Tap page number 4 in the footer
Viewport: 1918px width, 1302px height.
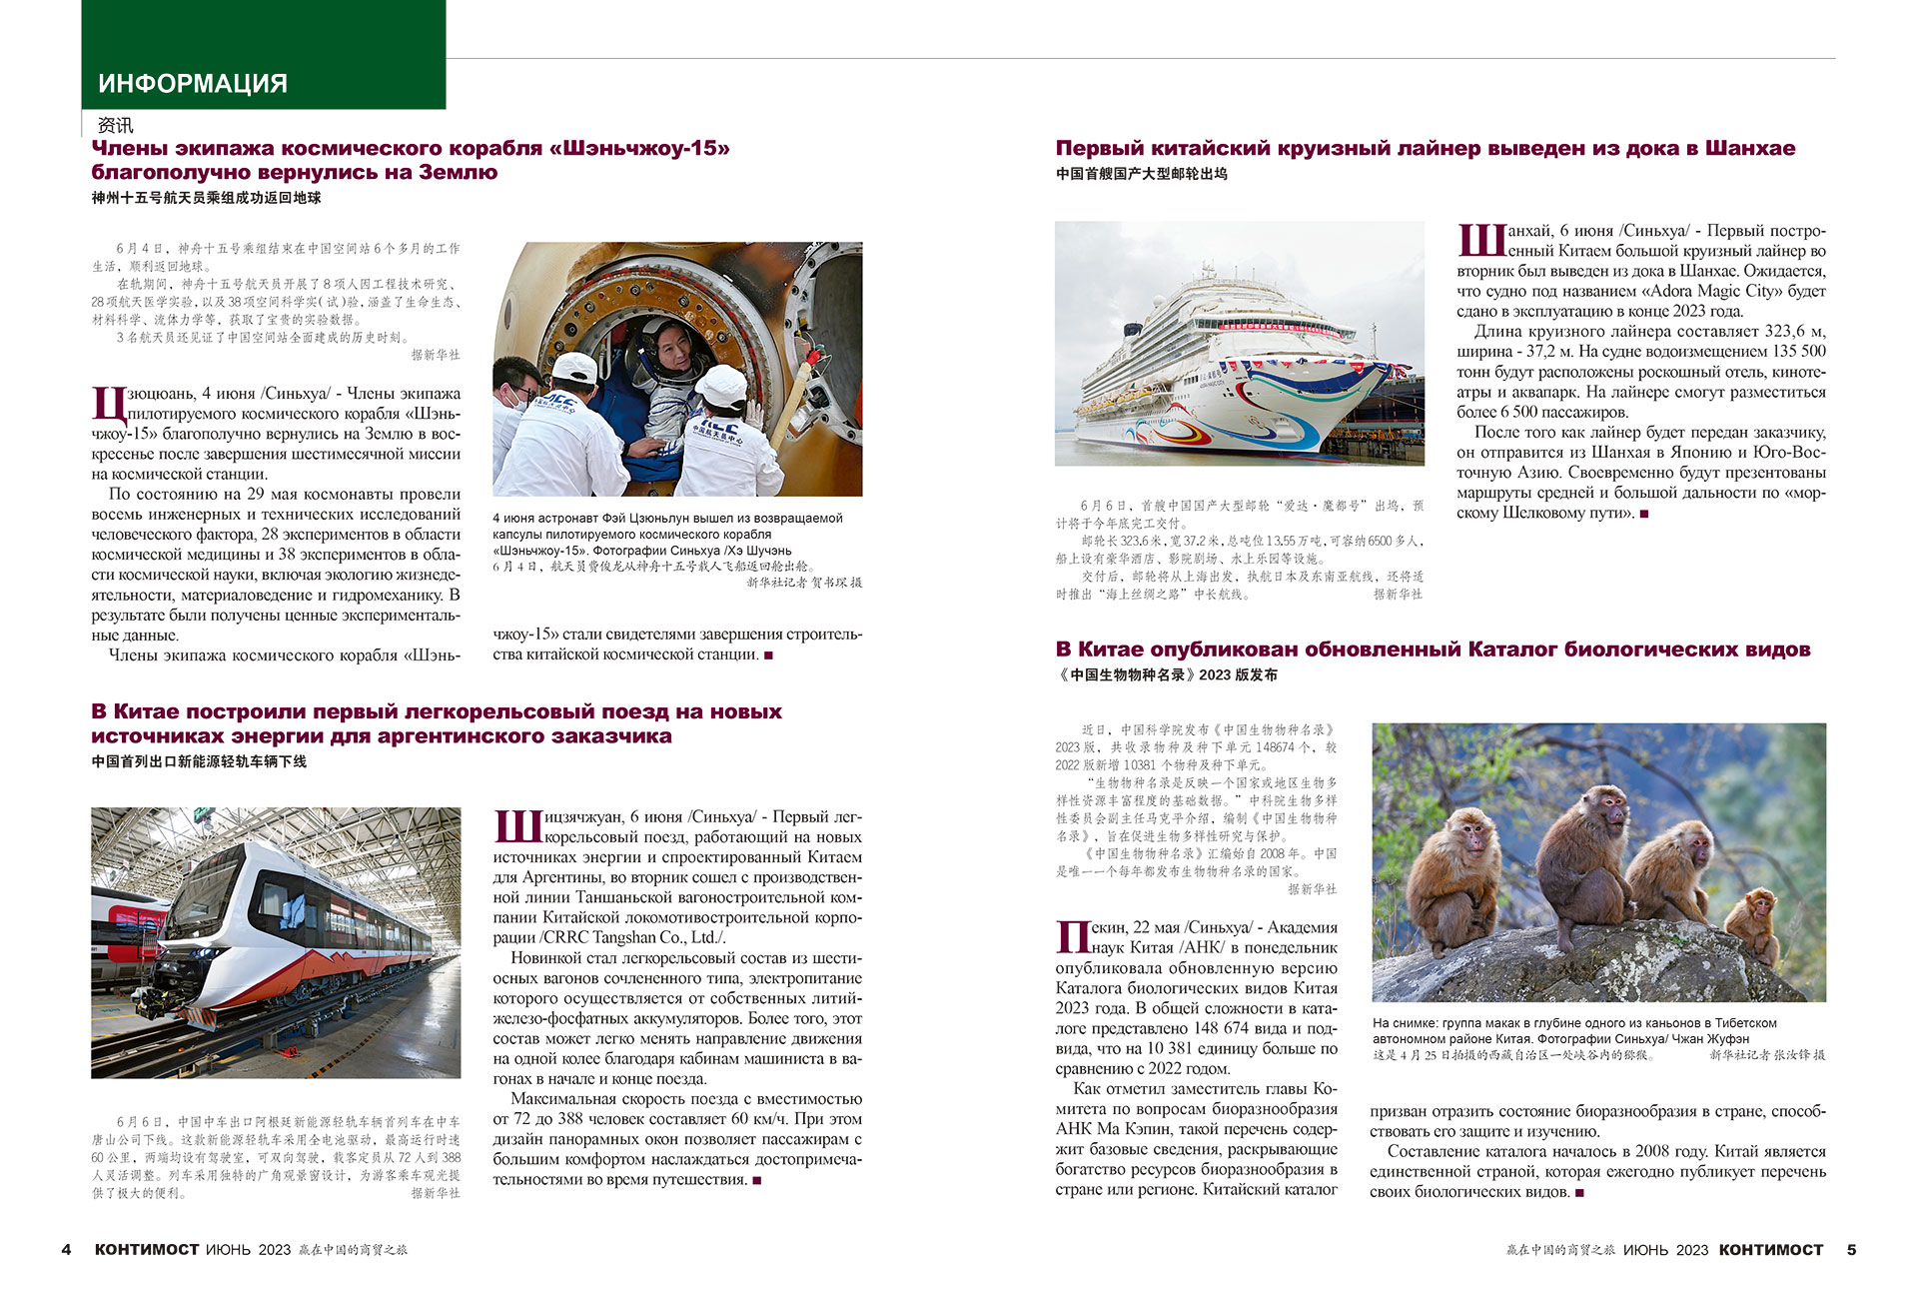[67, 1249]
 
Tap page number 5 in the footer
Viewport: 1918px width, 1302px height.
[1851, 1249]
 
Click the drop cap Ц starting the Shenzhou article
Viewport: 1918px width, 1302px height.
[108, 405]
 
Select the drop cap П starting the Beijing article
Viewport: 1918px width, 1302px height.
[1072, 937]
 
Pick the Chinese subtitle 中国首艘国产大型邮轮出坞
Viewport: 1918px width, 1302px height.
[1141, 173]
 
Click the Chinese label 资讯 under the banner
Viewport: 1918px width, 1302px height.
[115, 125]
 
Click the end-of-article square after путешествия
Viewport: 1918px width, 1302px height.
[757, 1180]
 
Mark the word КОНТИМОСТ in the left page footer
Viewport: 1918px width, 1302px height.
[146, 1249]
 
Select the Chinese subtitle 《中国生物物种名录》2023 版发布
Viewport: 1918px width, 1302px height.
[1166, 674]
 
